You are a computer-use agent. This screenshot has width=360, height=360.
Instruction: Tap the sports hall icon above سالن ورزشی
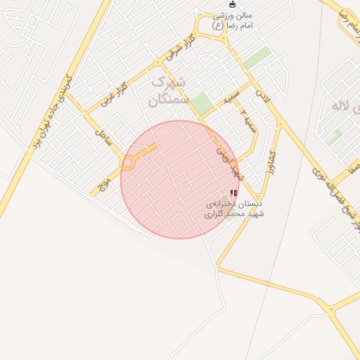(x=233, y=6)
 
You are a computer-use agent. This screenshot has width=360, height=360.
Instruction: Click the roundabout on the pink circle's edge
(x=128, y=163)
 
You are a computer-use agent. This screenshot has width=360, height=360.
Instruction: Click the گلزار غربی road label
(x=111, y=96)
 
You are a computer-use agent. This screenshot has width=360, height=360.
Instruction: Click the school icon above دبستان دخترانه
(x=233, y=192)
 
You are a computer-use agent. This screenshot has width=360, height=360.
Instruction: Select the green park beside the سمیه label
(x=202, y=103)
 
